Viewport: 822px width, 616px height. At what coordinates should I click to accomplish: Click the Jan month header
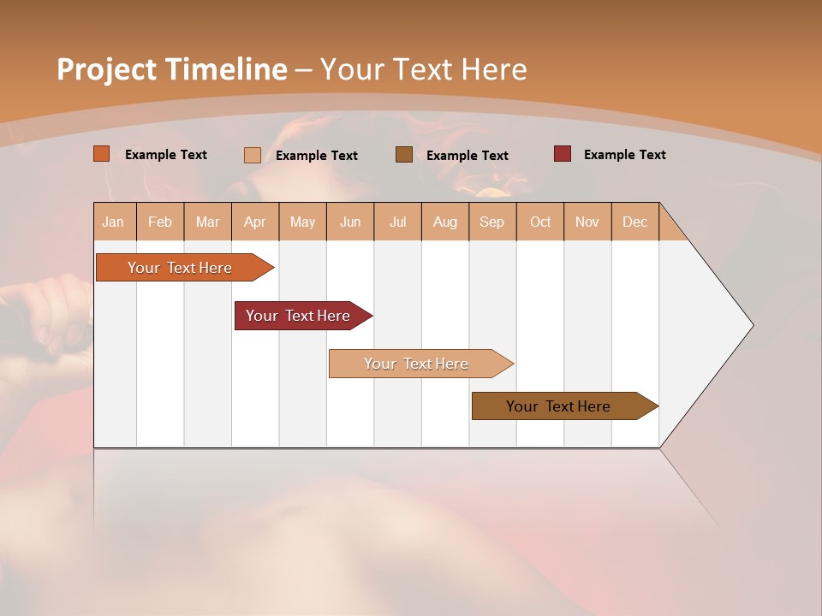[x=113, y=222]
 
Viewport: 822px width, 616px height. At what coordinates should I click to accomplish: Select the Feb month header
[x=160, y=222]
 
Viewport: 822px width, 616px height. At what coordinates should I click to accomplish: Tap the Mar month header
[x=207, y=222]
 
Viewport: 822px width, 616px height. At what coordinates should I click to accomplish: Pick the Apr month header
[x=255, y=222]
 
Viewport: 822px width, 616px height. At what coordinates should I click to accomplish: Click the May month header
[x=302, y=222]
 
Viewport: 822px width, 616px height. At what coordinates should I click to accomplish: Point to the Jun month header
[x=350, y=222]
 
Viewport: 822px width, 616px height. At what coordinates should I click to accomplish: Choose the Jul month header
[x=397, y=222]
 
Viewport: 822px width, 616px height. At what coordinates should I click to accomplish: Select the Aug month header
[x=445, y=222]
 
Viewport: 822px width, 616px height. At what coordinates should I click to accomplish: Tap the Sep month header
[x=492, y=222]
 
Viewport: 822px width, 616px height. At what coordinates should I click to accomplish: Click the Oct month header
[x=540, y=222]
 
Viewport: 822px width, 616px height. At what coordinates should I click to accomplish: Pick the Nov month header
[x=587, y=222]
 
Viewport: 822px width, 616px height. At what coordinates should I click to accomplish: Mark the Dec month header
[x=634, y=222]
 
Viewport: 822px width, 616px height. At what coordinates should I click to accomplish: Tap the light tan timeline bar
[x=417, y=364]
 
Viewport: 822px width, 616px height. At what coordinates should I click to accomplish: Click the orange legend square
[x=102, y=154]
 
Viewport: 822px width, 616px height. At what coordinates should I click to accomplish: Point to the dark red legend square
[x=563, y=154]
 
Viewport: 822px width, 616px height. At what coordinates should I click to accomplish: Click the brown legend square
[x=404, y=155]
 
